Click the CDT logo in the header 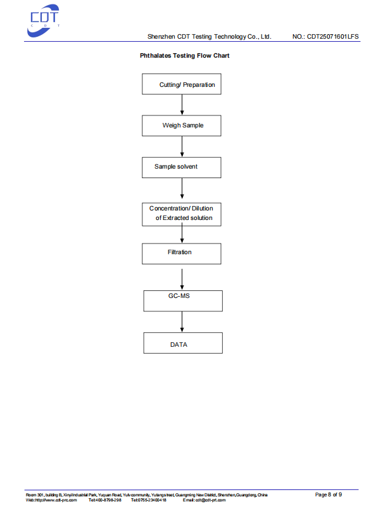(43, 21)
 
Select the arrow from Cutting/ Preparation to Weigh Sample (182, 105)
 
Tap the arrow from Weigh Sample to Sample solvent (182, 146)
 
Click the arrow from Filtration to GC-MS (182, 279)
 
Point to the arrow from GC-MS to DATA (182, 322)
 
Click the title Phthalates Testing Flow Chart (184, 56)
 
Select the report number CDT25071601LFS (333, 37)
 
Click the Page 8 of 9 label (329, 494)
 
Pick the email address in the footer (204, 500)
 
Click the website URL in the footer (51, 500)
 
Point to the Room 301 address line (146, 495)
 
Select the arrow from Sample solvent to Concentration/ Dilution (182, 188)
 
